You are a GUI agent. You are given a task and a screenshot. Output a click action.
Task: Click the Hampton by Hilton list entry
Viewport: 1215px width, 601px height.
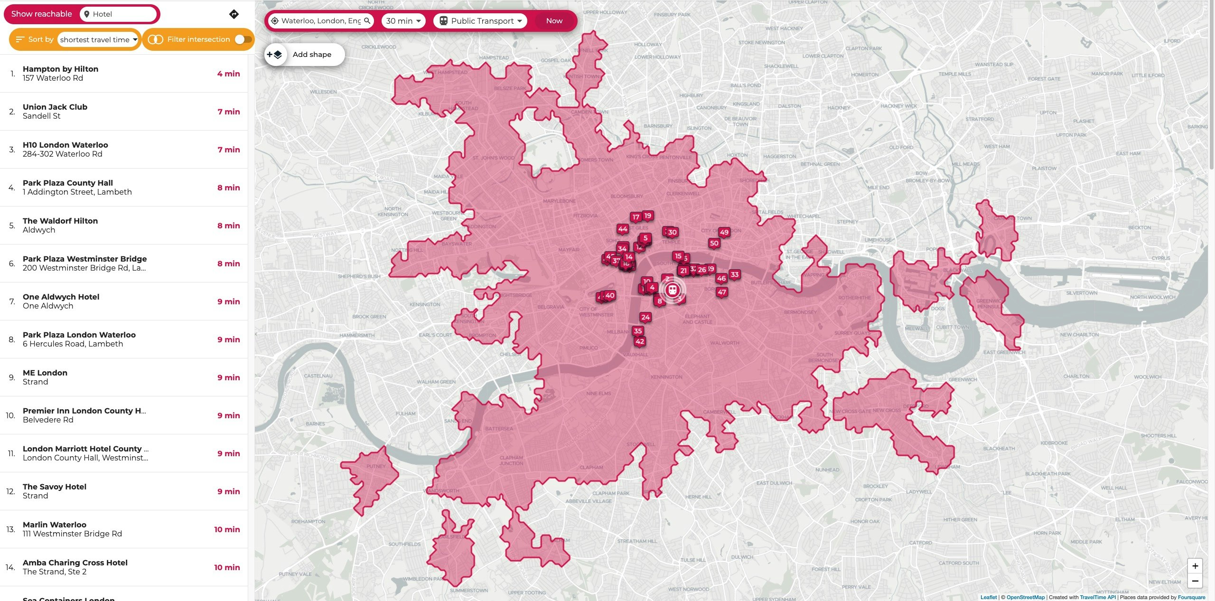tap(60, 73)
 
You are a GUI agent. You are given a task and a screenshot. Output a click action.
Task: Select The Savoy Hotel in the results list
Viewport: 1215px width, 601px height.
tap(55, 491)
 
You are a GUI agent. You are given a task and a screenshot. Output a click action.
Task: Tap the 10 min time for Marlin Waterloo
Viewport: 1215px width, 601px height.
tap(226, 529)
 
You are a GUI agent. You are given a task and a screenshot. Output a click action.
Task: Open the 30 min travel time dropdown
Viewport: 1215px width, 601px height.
tap(403, 21)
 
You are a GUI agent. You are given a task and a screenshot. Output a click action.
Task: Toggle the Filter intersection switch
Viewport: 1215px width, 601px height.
tap(243, 39)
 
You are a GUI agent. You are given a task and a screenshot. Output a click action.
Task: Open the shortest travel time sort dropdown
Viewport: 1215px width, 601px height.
tap(98, 39)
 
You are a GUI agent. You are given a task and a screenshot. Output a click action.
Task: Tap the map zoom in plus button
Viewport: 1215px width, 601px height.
tap(1195, 565)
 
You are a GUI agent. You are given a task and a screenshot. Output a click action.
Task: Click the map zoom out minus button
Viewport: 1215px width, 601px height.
tap(1195, 581)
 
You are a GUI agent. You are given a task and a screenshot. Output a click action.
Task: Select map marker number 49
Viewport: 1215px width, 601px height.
tap(724, 232)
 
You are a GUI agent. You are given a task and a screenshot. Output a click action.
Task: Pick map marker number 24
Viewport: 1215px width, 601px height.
tap(645, 317)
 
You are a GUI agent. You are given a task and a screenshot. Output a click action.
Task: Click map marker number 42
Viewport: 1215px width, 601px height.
tap(639, 341)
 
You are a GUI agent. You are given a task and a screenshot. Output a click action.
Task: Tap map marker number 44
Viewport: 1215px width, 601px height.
tap(623, 229)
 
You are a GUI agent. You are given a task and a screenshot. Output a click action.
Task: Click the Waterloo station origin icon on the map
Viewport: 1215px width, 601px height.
tap(672, 290)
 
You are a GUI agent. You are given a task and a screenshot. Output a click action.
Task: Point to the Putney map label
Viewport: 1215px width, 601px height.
tap(376, 466)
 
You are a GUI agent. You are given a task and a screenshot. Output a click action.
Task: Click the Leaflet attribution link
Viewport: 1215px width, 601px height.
tap(989, 597)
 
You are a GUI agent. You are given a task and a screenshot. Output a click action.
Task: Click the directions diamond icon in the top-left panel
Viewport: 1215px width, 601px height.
tap(234, 14)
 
